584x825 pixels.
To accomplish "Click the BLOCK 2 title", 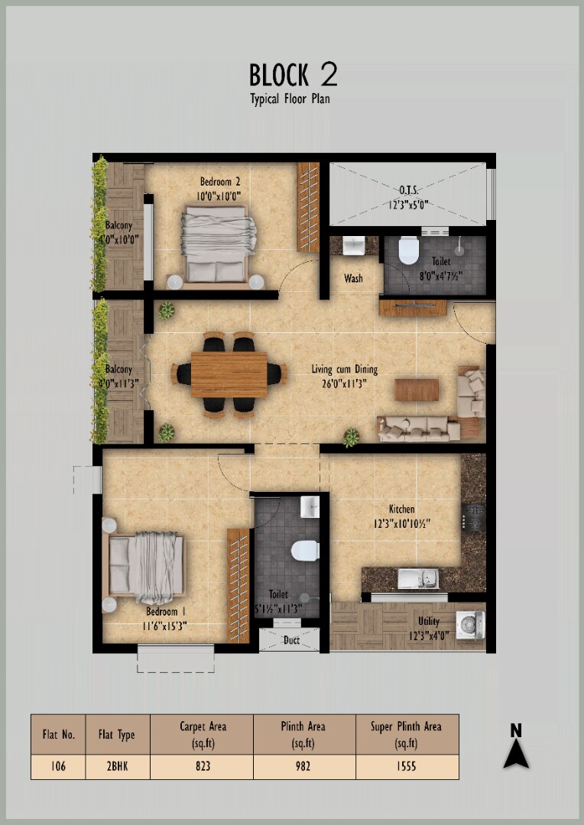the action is [x=294, y=75].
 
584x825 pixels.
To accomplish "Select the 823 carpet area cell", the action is [x=203, y=766].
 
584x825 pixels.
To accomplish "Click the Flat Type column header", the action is [x=117, y=735].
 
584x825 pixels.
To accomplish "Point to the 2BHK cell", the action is [x=117, y=766].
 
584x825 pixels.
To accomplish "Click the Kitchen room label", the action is [x=402, y=510].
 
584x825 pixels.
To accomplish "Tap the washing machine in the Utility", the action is [x=470, y=625].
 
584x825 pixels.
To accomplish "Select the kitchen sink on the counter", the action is [x=418, y=579].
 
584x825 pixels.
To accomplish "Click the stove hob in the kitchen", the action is [x=473, y=516].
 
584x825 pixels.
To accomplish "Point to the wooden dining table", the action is [x=229, y=374].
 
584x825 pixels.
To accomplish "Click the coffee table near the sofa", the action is [x=417, y=390].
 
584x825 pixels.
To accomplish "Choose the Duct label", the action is [x=292, y=640].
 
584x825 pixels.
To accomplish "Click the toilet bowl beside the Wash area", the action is [x=408, y=251].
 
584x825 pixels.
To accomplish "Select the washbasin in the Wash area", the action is [x=353, y=245].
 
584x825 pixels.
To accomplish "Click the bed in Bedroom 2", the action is [x=216, y=244].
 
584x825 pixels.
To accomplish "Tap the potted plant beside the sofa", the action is [x=352, y=437].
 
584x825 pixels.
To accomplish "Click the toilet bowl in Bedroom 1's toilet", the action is [x=305, y=550].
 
